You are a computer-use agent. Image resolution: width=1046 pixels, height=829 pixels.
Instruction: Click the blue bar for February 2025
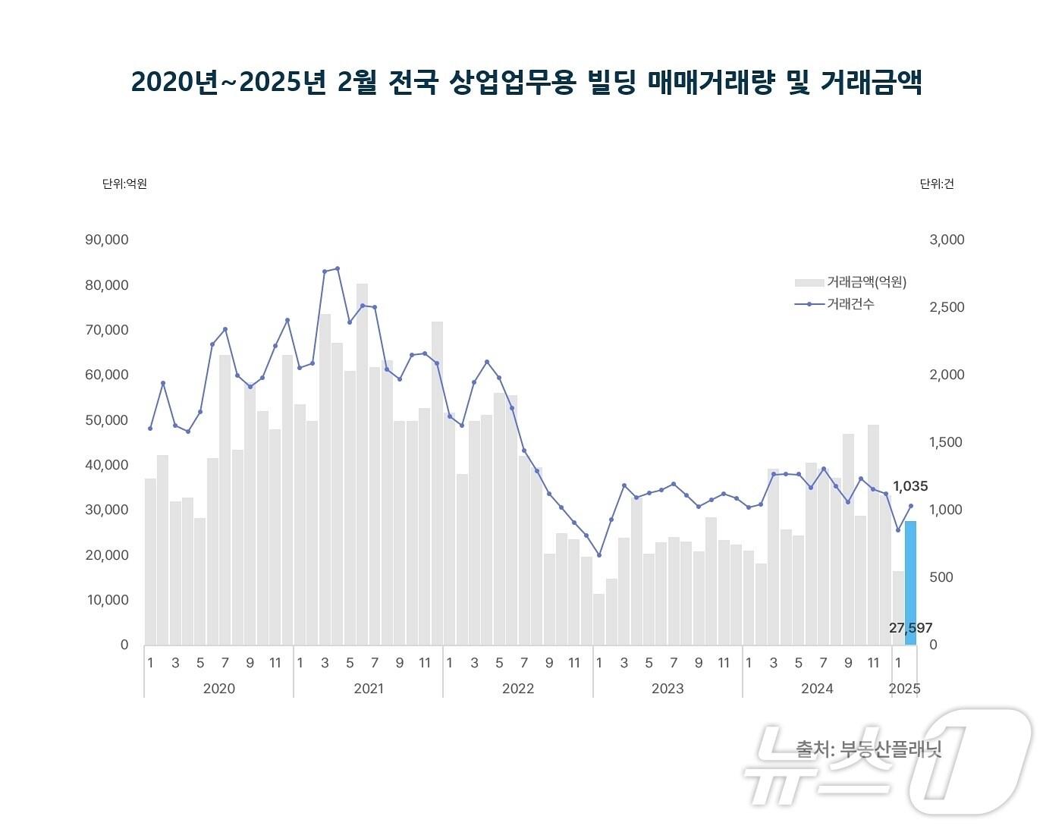point(910,582)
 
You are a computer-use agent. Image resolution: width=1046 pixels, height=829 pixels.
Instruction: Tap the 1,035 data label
point(909,486)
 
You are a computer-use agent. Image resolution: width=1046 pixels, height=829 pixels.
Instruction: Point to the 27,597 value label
point(910,628)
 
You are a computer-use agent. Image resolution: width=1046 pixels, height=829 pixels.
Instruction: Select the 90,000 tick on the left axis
point(107,240)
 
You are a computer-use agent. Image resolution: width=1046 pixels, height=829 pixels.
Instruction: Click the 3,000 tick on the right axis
point(947,240)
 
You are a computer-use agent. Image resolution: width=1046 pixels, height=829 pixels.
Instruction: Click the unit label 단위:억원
point(124,184)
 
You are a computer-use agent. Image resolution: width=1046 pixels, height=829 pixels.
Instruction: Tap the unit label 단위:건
point(937,184)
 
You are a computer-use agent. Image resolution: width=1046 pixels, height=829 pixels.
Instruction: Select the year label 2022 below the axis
point(518,689)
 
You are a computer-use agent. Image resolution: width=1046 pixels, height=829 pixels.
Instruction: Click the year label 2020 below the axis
point(219,689)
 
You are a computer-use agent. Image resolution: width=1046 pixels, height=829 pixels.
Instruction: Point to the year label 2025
point(904,689)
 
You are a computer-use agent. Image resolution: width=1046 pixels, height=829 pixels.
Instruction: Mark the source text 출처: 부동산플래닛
point(869,749)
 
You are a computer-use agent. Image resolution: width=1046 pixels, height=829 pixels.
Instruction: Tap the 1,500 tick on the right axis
point(947,442)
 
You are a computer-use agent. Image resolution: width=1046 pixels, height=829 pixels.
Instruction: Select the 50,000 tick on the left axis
point(107,420)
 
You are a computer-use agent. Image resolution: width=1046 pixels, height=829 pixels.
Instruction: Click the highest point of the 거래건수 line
point(338,268)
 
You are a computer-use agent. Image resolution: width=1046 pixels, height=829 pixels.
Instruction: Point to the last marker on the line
point(911,506)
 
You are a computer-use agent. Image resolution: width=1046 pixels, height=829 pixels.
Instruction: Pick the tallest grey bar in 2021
point(363,464)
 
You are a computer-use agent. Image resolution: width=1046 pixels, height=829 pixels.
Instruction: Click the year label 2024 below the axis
point(817,689)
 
